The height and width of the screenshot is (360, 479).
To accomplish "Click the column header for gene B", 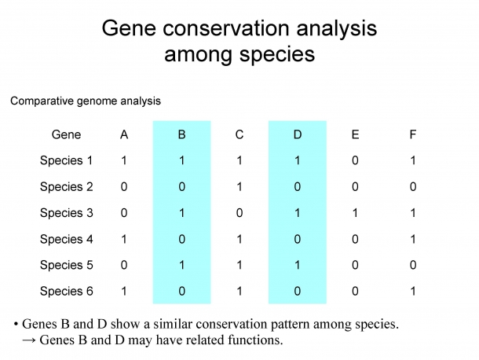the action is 181,134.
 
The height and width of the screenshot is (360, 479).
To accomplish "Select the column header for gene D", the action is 298,134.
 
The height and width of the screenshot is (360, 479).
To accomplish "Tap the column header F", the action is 413,134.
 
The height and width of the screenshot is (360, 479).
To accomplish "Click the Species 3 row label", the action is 66,213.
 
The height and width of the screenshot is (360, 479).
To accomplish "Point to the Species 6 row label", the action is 66,291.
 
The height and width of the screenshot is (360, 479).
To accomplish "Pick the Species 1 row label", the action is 66,160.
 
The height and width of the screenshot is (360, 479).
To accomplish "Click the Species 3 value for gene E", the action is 355,213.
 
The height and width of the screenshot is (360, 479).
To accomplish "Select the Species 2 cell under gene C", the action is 239,186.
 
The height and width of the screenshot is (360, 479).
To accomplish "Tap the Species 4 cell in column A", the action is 124,239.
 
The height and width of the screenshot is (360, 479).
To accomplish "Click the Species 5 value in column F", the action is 413,265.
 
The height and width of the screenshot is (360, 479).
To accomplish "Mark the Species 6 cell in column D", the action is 298,291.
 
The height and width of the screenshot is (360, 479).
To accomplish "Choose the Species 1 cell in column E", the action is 355,160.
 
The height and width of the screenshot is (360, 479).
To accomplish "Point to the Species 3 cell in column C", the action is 239,213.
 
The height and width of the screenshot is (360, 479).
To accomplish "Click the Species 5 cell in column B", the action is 181,265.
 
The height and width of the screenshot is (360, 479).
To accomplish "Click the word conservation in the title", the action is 225,28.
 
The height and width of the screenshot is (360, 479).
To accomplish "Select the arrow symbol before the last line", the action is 29,340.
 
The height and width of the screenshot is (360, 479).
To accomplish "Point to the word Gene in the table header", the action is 66,134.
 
